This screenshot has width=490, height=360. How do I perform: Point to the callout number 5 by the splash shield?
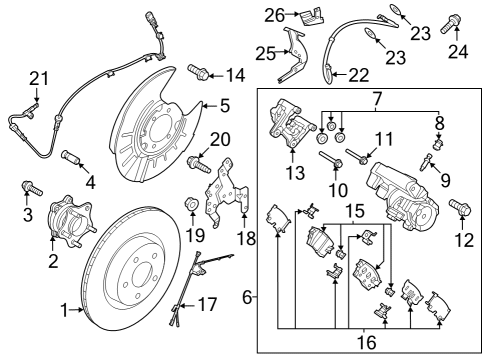[225, 103]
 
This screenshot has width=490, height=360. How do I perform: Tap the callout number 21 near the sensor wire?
[38, 78]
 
